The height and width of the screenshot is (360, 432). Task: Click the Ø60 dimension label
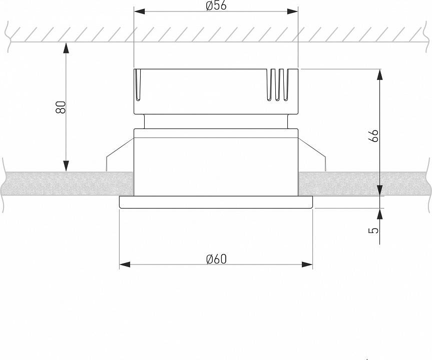(x=216, y=258)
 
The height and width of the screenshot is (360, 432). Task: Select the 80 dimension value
(x=61, y=107)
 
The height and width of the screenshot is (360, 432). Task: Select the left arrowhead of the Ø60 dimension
(x=125, y=264)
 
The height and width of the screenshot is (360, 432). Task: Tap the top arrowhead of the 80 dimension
(x=66, y=48)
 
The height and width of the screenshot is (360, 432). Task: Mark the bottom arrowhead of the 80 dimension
(x=66, y=166)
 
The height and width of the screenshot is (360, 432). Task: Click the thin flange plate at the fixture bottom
(x=216, y=202)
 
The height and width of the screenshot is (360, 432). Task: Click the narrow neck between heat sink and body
(x=216, y=121)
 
